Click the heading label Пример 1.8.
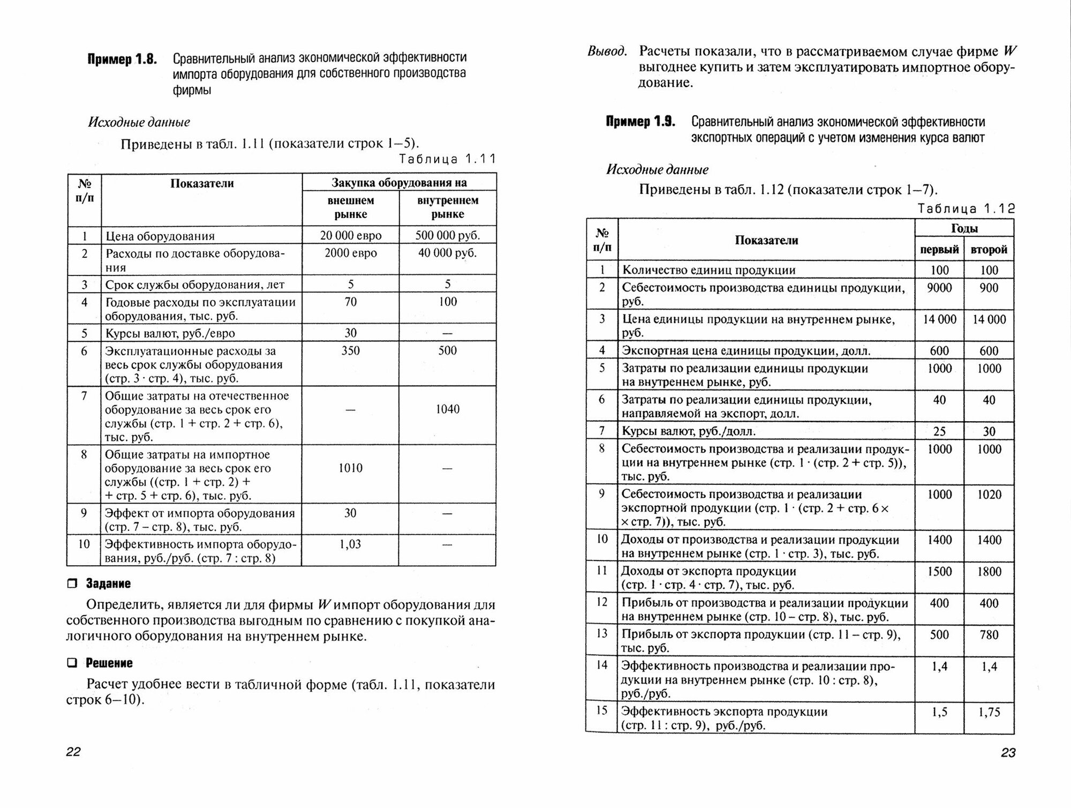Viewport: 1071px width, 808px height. click(122, 59)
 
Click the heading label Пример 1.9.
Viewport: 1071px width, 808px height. click(640, 122)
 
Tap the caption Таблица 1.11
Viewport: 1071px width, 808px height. click(448, 159)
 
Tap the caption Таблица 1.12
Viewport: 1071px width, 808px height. click(966, 209)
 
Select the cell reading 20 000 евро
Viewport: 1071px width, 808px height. click(351, 235)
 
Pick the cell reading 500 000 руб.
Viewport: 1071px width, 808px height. click(448, 235)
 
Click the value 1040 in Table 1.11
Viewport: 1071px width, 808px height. click(448, 409)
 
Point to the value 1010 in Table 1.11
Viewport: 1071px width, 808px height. click(351, 468)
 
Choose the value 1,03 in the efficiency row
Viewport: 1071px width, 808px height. click(351, 544)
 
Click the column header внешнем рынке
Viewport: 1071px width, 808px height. click(351, 207)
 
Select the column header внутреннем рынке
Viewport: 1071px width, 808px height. click(448, 207)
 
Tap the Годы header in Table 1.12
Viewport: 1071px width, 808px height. click(964, 228)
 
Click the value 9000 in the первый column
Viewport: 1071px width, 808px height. click(939, 288)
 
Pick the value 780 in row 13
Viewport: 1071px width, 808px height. click(989, 635)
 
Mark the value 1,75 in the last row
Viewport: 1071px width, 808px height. click(989, 712)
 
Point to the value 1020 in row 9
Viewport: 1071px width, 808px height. click(989, 495)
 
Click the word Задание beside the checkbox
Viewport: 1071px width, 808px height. click(108, 583)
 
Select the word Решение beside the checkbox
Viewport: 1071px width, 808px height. click(109, 663)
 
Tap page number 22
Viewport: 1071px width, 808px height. click(73, 752)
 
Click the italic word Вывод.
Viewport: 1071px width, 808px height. click(607, 52)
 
